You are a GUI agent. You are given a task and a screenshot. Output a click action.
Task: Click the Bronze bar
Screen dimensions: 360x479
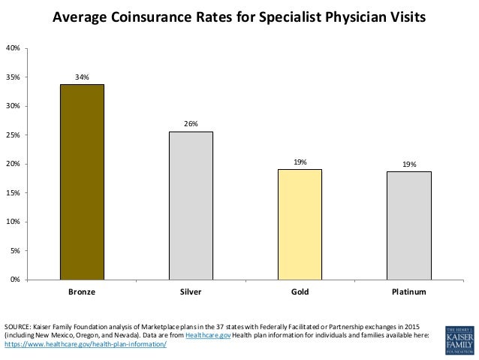click(x=82, y=182)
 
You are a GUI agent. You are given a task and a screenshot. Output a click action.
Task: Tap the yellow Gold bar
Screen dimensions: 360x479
click(x=300, y=224)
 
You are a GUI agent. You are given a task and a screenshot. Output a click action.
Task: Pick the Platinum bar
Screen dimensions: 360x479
click(x=408, y=225)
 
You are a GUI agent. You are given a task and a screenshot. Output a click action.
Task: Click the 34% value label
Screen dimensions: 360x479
click(x=82, y=77)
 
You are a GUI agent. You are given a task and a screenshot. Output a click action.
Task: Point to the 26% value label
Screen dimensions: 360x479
click(x=191, y=123)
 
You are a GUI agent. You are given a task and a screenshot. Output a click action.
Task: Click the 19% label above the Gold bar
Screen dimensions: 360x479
click(x=300, y=161)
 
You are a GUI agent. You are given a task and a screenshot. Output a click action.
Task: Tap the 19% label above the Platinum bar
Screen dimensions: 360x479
click(x=408, y=163)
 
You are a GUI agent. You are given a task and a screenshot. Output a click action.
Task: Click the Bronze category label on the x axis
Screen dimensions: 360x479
click(x=82, y=292)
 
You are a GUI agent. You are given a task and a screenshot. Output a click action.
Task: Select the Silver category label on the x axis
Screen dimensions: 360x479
click(x=191, y=292)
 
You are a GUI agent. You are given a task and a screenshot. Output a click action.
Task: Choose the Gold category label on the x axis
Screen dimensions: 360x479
click(x=300, y=292)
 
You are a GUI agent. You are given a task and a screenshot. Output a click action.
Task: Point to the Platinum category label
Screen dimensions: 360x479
click(x=408, y=292)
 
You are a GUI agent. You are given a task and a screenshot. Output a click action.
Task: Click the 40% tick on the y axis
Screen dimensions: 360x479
click(x=13, y=48)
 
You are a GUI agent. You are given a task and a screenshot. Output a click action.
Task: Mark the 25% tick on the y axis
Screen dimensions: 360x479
click(x=13, y=135)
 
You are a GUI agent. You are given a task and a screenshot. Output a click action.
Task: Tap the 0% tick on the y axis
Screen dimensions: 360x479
click(x=15, y=280)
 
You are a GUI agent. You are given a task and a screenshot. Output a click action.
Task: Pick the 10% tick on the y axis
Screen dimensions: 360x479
click(x=13, y=222)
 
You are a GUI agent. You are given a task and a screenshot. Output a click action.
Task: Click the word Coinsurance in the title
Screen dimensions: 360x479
click(x=148, y=17)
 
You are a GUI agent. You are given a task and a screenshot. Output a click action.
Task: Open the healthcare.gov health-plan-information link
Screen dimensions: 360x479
click(x=85, y=344)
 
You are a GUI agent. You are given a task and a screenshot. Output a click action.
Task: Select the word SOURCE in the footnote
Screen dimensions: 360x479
click(x=18, y=327)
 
